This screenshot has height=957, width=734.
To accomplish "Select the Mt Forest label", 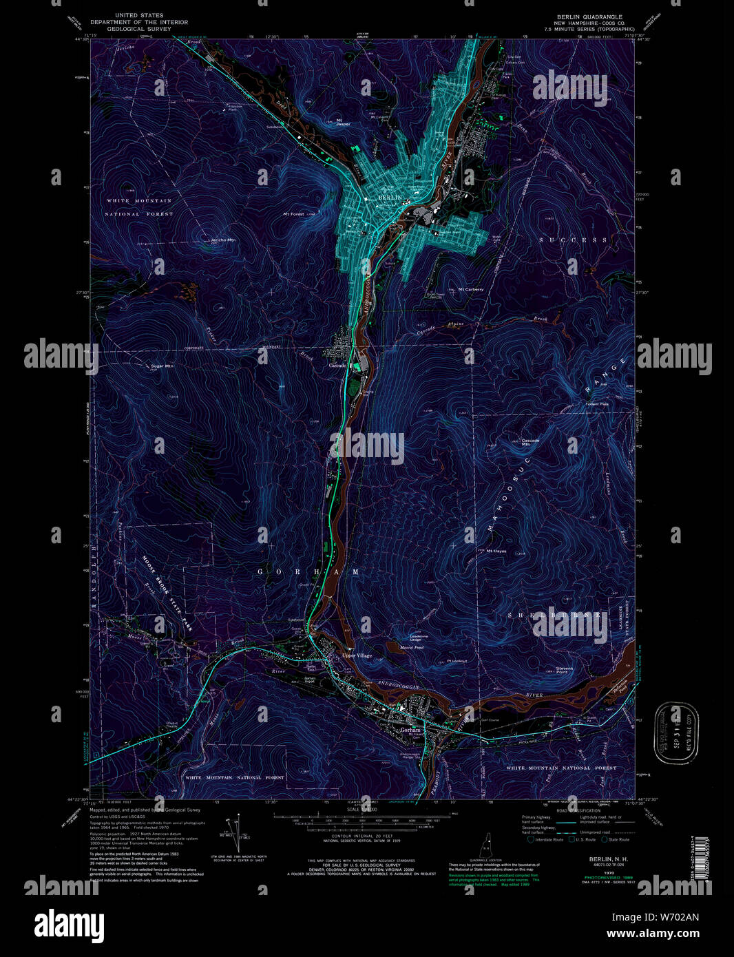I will (294, 214).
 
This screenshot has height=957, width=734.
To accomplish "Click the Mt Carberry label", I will (470, 289).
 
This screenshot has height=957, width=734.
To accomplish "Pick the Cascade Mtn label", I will (529, 442).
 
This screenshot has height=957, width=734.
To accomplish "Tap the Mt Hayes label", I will (496, 551).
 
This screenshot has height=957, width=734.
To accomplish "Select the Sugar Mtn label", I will (162, 366).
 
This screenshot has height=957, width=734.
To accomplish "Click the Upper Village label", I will (357, 655).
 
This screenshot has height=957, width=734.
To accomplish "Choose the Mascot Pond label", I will (411, 647).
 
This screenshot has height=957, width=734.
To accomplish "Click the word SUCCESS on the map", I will (574, 240).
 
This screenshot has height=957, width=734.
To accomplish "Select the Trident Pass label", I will (596, 404).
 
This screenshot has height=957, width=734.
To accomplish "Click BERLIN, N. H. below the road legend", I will (607, 859).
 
